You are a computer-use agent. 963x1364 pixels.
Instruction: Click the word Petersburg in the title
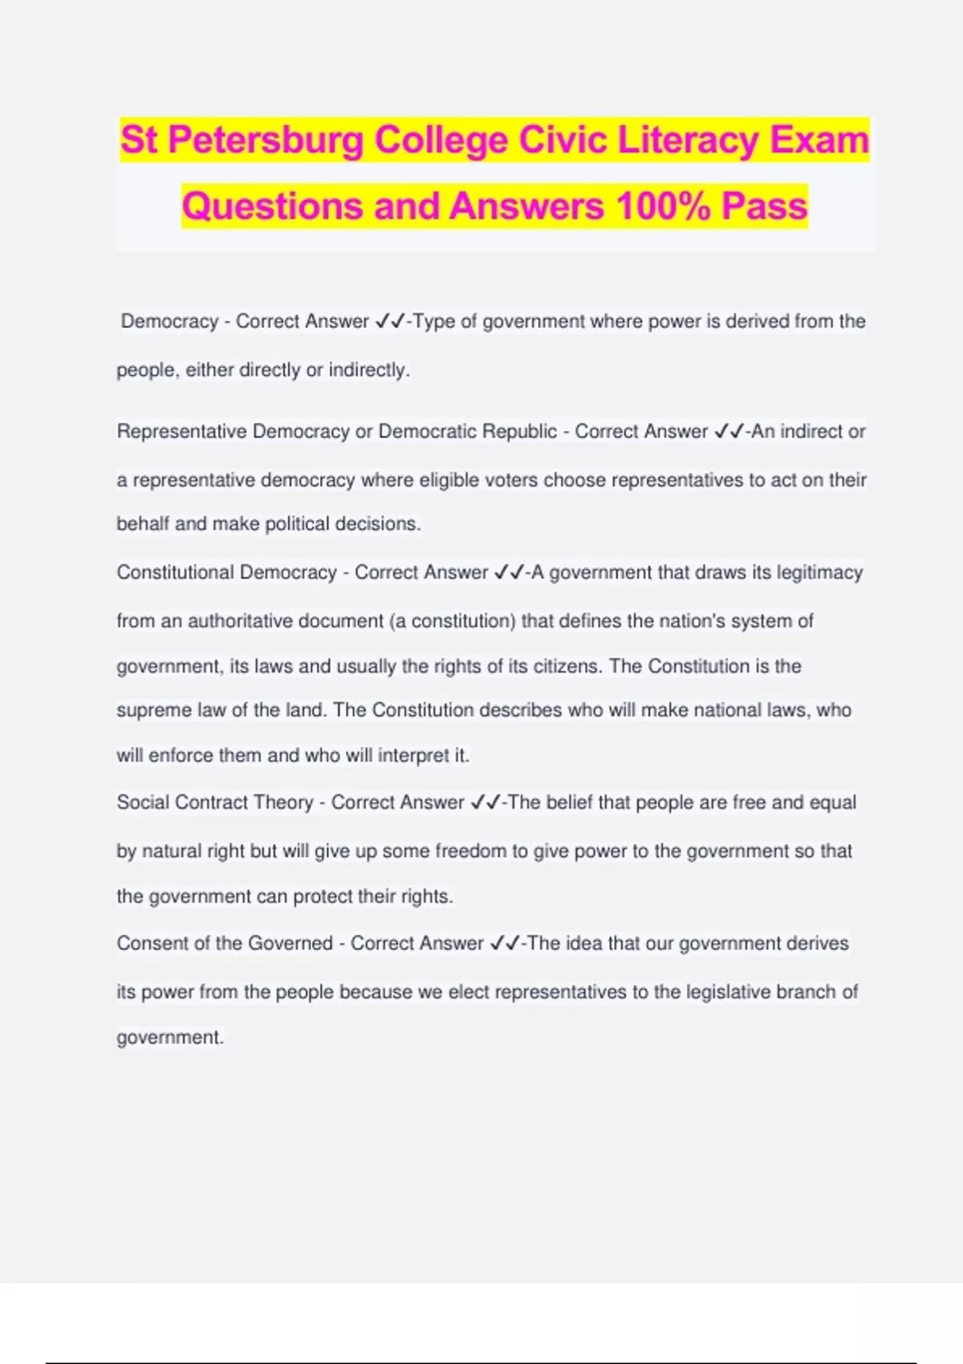[266, 141]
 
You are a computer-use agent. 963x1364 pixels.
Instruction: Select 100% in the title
[663, 206]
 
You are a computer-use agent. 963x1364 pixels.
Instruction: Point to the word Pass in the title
[764, 206]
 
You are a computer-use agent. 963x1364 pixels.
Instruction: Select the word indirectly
[368, 370]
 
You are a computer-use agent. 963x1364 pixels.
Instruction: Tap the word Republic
[520, 432]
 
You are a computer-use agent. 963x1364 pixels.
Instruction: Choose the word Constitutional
[173, 572]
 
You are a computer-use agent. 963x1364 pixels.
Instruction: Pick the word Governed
[290, 943]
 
